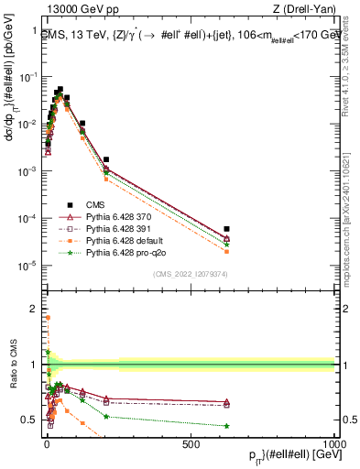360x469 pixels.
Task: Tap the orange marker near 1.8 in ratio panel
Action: [47, 318]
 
